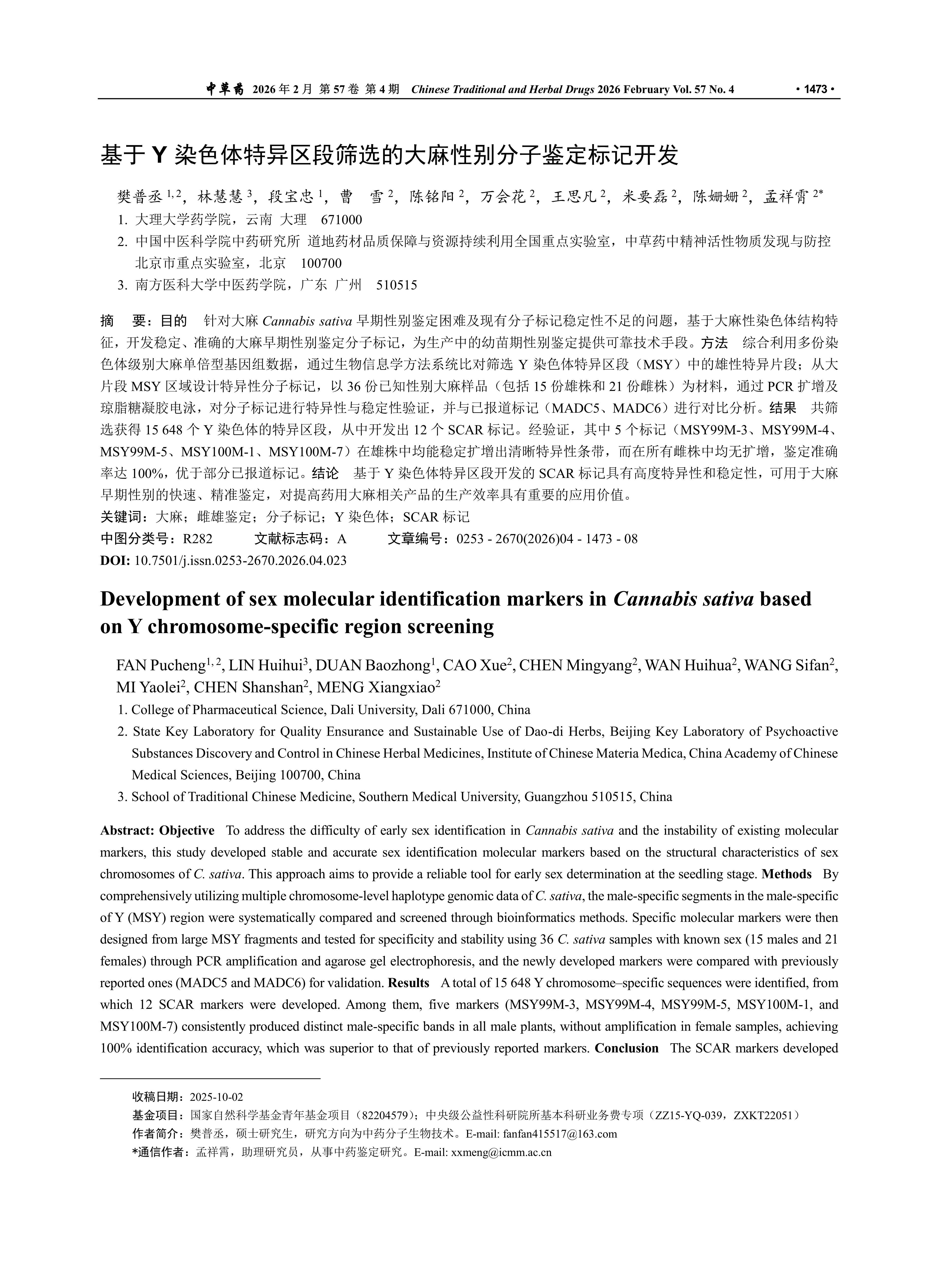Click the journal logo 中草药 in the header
coord(224,89)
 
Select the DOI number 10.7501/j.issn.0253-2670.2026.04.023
coord(240,560)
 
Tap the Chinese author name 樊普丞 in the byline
coord(140,197)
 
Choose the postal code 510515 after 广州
coord(396,285)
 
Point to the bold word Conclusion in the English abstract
coord(626,1048)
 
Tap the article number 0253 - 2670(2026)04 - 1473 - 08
coord(547,539)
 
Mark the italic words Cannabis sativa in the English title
coord(684,599)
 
